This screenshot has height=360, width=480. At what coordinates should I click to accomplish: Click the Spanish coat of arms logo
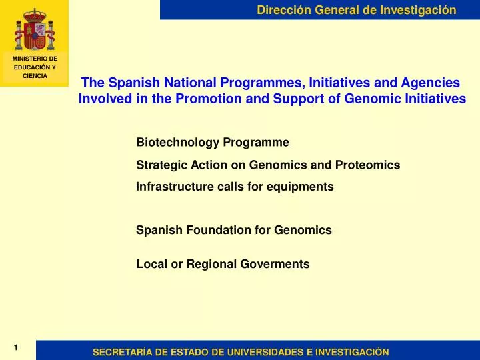point(34,27)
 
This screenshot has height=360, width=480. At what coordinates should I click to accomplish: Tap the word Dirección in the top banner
point(283,9)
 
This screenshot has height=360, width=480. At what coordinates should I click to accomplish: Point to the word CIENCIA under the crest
point(35,76)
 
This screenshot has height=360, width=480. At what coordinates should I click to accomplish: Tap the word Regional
point(211,264)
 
